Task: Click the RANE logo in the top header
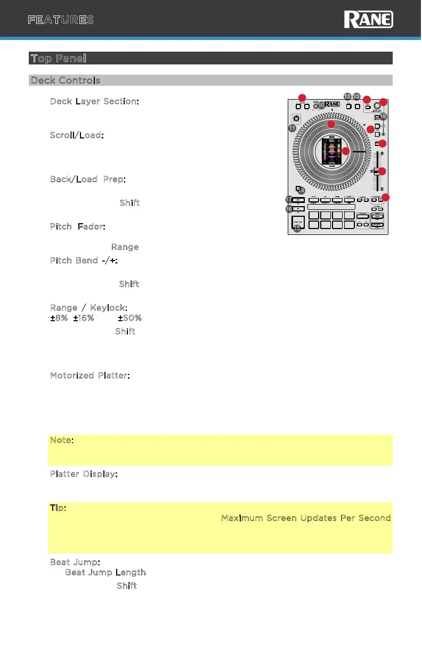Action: pos(369,20)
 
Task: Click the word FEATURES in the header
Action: pos(61,20)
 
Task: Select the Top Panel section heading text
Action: pos(59,58)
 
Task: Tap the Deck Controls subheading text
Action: pos(65,80)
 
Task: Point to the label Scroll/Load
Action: pos(77,135)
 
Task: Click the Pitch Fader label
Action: pos(78,227)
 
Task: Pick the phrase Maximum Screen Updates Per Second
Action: pos(306,518)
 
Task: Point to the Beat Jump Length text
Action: pos(106,573)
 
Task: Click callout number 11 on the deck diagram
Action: pos(292,128)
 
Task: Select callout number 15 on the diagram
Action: pos(297,229)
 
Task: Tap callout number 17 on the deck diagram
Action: pos(289,199)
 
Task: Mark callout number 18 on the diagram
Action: pos(383,117)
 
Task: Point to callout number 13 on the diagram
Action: pos(356,97)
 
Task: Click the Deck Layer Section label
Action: pos(95,101)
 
